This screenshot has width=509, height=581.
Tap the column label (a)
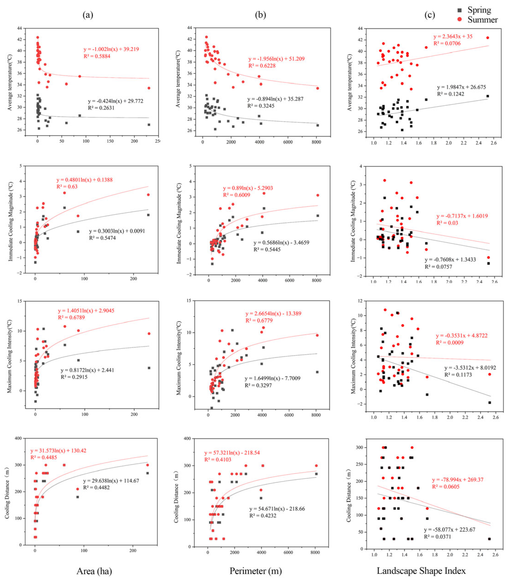88,15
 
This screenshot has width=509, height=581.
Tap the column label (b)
260,15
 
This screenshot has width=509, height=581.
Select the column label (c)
429,15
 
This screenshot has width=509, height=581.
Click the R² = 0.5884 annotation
97,56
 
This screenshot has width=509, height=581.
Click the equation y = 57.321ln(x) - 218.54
232,453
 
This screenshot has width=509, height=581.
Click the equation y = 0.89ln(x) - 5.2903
248,188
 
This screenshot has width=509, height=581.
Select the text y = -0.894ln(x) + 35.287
275,99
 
